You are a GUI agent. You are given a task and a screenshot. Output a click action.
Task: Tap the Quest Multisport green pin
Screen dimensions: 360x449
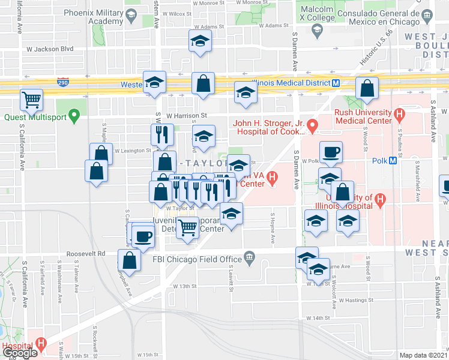[74, 114]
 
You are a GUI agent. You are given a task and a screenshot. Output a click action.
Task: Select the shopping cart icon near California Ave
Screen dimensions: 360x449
[31, 99]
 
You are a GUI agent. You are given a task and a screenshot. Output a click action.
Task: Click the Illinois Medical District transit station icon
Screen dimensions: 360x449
[336, 83]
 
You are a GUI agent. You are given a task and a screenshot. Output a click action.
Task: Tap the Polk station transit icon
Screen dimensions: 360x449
[393, 160]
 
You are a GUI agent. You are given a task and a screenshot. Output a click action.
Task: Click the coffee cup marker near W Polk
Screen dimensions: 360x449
[330, 152]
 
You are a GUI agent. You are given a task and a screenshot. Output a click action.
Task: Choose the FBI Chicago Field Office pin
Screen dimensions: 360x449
[250, 259]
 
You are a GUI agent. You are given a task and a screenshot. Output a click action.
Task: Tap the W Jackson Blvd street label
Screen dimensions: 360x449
[53, 49]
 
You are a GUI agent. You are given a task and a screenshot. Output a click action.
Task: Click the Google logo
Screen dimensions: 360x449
[19, 352]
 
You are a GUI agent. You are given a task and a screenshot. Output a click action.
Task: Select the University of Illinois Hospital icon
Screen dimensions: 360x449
[379, 199]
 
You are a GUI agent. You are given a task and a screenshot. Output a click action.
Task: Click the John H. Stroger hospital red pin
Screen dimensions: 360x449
[312, 125]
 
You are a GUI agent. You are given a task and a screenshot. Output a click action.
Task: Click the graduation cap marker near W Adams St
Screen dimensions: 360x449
[199, 42]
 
